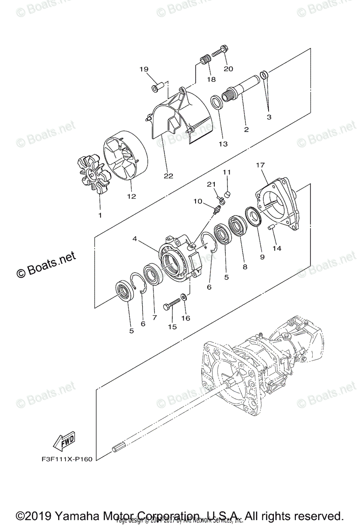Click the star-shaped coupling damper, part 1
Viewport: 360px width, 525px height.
[91, 175]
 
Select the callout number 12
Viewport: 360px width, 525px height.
[131, 196]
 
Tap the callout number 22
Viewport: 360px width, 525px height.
[168, 176]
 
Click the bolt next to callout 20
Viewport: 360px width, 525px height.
[218, 52]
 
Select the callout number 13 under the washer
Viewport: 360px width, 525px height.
[224, 143]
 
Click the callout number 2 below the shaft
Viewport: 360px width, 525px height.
[246, 129]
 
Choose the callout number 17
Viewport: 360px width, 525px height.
[260, 165]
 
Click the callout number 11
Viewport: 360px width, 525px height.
[227, 172]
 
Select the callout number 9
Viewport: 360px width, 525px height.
[262, 257]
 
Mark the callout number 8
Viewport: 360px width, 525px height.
[245, 266]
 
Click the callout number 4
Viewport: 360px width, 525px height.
[135, 239]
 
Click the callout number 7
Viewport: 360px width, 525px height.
[154, 318]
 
